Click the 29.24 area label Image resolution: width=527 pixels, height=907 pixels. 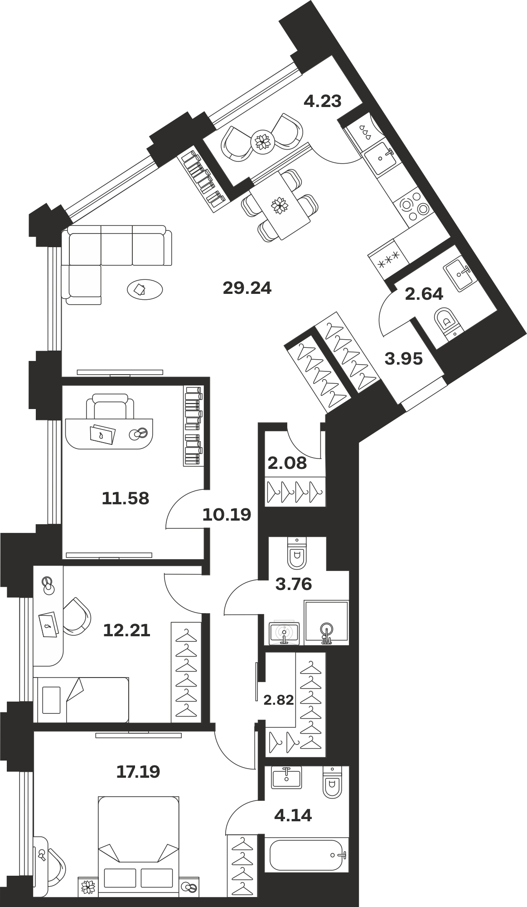[x=247, y=288]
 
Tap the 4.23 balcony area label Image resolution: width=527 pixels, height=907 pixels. [x=322, y=101]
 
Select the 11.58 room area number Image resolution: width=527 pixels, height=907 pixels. [x=126, y=498]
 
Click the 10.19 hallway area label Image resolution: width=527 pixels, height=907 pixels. [x=227, y=515]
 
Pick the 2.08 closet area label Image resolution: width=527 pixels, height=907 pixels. [x=287, y=463]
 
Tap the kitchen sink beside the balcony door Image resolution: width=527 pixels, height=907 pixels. [x=380, y=157]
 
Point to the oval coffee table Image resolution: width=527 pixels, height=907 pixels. [x=145, y=288]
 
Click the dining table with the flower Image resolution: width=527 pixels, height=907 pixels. [x=280, y=206]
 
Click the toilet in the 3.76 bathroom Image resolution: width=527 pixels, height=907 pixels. [x=297, y=553]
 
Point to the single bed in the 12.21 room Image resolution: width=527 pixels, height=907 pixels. [x=81, y=699]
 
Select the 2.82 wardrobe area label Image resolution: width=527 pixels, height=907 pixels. [x=279, y=700]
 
